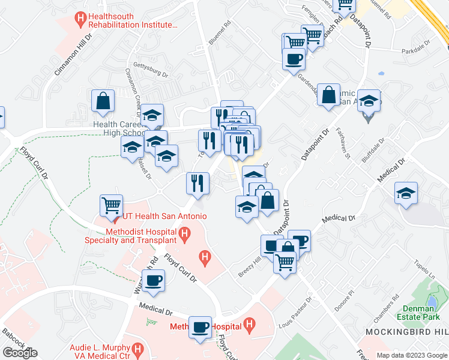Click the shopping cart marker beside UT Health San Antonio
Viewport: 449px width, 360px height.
point(112,206)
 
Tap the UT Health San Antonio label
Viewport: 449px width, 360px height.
point(164,216)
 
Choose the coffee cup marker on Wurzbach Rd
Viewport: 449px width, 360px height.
point(154,280)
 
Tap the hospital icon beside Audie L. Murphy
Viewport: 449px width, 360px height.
point(139,349)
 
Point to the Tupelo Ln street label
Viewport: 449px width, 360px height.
point(424,269)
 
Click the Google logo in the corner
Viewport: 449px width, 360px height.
point(20,353)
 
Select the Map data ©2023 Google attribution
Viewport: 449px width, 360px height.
point(411,355)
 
